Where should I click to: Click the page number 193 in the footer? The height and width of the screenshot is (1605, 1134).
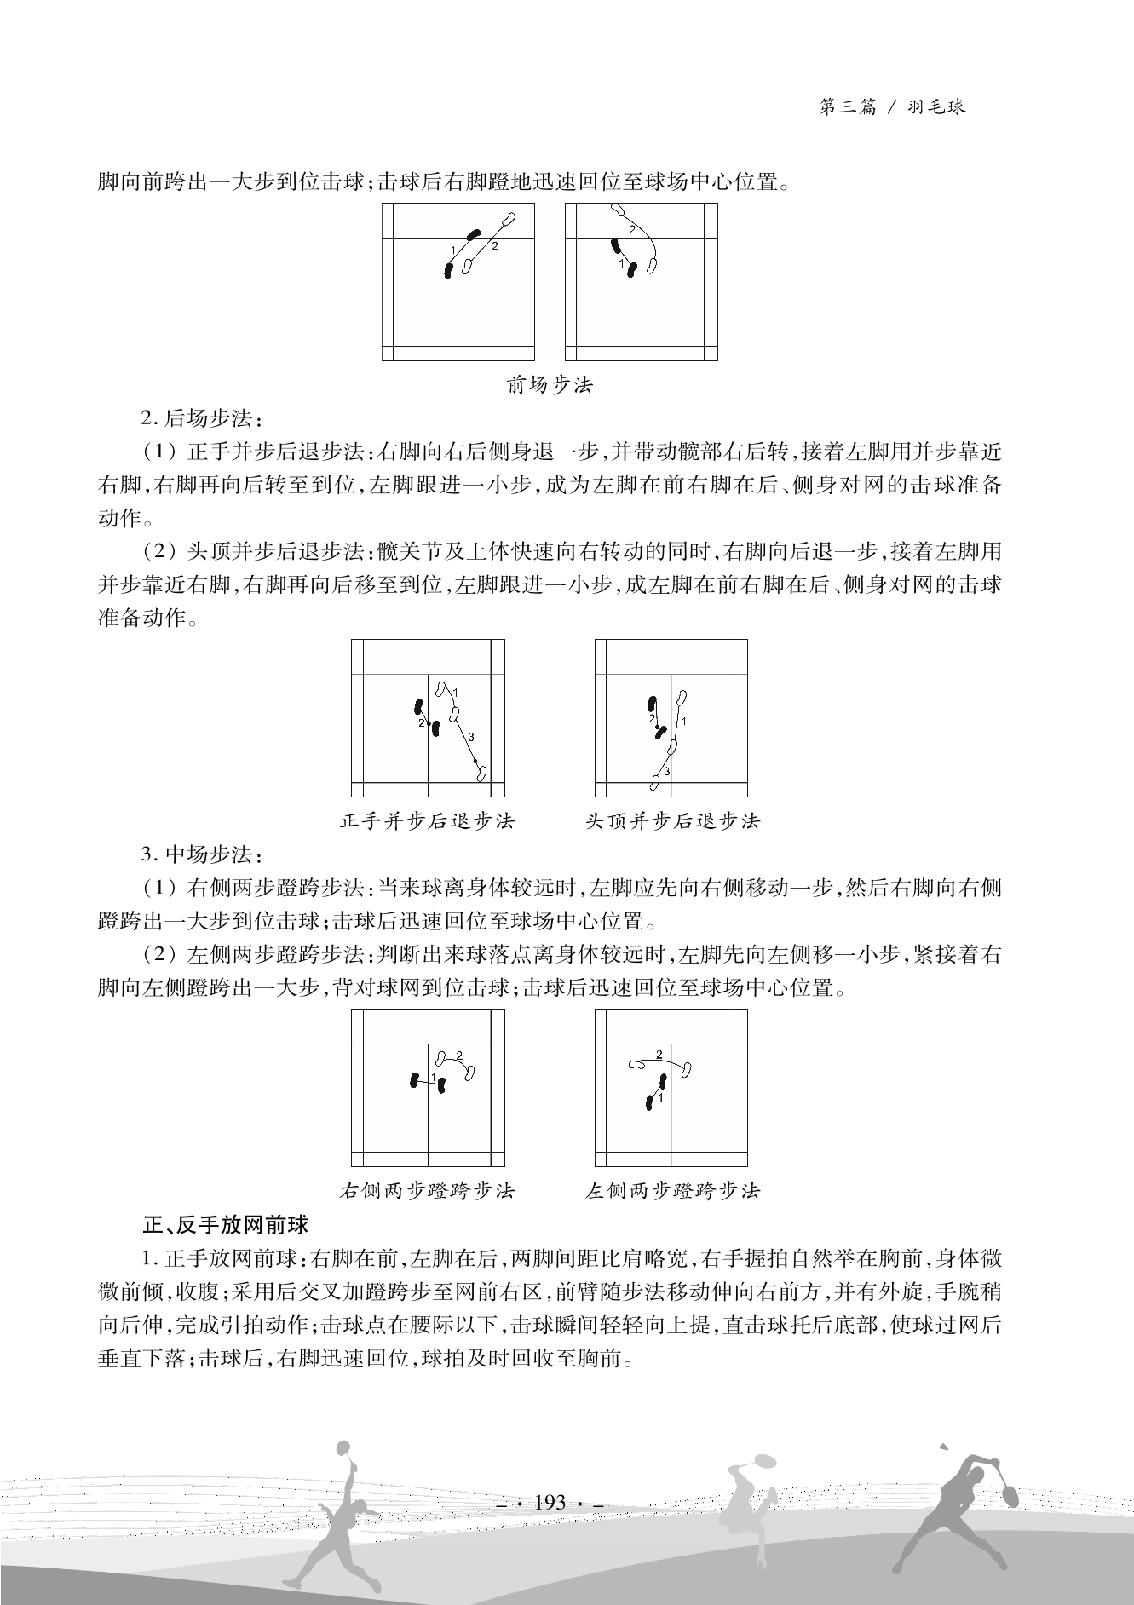tap(550, 1503)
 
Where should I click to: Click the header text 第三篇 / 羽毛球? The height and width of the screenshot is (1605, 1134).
tap(891, 107)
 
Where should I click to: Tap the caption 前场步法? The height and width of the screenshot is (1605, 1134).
tap(550, 385)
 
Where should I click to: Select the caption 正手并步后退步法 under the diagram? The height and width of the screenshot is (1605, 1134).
tap(428, 821)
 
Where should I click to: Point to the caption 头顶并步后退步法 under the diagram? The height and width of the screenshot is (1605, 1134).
tap(672, 821)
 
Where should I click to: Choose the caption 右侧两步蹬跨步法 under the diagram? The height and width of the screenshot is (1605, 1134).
tap(428, 1190)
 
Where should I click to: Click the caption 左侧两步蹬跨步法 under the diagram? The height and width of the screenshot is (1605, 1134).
tap(672, 1190)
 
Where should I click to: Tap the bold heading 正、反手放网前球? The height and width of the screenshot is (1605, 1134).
tap(225, 1225)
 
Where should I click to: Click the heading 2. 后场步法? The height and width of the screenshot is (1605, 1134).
tap(202, 418)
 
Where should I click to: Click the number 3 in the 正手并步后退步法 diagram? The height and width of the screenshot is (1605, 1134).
tap(471, 737)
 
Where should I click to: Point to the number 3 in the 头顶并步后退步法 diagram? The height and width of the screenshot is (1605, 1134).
tap(666, 772)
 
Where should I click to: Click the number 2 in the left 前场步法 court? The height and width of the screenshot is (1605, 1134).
tap(494, 246)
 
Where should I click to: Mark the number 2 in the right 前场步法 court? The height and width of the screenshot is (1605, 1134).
tap(631, 230)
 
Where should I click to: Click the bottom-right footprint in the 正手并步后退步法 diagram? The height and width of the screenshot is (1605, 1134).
tap(481, 773)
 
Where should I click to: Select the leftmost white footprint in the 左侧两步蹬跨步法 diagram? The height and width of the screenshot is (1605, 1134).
tap(636, 1064)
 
